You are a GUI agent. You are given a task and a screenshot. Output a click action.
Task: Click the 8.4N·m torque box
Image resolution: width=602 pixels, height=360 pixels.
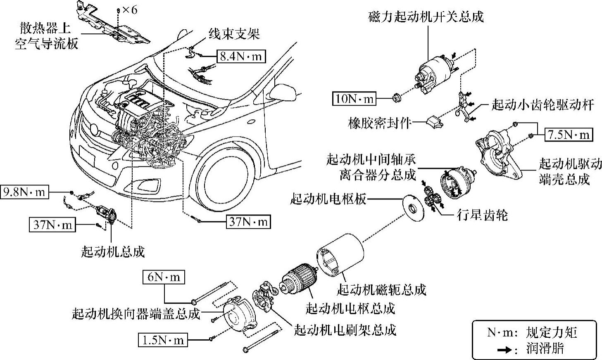pos(240,56)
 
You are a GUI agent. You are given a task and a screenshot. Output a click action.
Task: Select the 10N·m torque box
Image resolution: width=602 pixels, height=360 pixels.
pos(354,99)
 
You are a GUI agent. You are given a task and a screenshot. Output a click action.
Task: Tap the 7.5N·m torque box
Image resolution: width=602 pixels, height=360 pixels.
pos(569,135)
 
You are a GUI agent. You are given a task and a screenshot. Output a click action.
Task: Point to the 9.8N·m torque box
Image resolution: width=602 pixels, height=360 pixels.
pos(24,192)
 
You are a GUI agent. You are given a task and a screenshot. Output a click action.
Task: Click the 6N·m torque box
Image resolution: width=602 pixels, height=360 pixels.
pos(164,277)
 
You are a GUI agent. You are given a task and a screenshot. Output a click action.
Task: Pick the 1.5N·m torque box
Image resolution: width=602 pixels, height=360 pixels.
pos(162,340)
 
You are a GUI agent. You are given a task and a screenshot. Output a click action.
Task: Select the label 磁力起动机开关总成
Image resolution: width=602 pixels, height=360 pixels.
pos(426,17)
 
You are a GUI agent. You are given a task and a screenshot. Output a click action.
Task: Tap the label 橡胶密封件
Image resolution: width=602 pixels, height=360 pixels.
pos(379,123)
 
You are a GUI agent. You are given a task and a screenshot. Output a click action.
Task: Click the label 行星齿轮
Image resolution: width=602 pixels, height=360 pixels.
pos(482,215)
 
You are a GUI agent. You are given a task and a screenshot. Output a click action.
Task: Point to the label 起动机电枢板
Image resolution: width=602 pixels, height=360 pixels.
pos(328,199)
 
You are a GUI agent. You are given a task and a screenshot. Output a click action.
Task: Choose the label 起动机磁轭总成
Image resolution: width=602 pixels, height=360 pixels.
pos(381,289)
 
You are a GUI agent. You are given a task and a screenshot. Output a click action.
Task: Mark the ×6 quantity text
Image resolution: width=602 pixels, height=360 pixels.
pos(129,9)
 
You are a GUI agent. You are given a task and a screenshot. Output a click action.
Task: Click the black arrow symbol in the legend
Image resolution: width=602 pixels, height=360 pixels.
pos(503,349)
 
